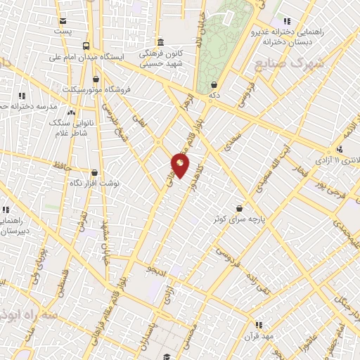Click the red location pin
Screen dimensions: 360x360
coord(180,167)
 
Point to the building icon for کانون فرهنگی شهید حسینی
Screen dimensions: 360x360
coord(161,42)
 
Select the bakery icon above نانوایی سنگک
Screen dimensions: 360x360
coord(70,111)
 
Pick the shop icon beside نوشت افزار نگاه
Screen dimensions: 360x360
coord(94,172)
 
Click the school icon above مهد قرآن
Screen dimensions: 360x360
coord(259,324)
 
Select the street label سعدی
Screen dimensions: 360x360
coord(232,146)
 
